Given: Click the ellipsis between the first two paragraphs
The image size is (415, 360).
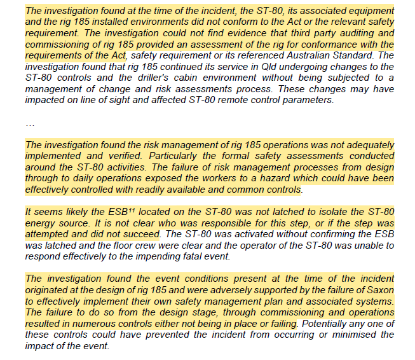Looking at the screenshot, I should pos(29,124).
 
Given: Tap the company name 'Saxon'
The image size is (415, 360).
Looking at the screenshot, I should pos(379,289).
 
